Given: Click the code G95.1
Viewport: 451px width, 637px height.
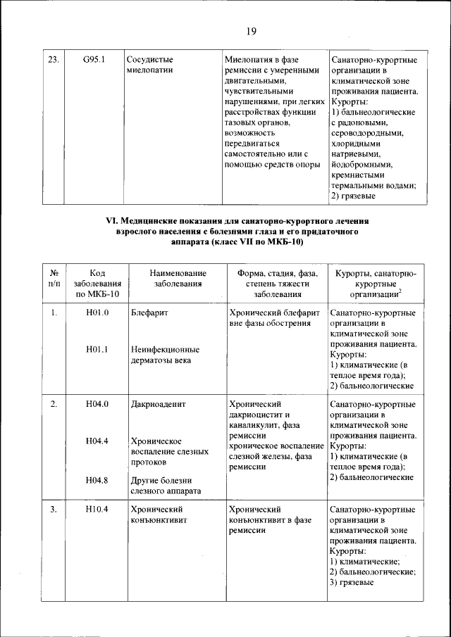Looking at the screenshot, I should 94,59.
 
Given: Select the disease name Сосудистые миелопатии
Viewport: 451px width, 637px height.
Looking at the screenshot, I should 150,65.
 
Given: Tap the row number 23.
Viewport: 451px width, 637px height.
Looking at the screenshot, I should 52,59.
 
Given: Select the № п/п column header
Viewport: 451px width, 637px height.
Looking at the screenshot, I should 54,278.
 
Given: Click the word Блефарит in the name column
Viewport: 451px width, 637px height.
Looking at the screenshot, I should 149,312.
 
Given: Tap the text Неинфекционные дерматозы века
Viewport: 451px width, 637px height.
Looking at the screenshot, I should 165,355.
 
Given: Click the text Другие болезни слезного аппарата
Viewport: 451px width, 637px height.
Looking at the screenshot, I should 166,486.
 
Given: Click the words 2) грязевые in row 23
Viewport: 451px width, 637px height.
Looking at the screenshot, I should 352,196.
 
